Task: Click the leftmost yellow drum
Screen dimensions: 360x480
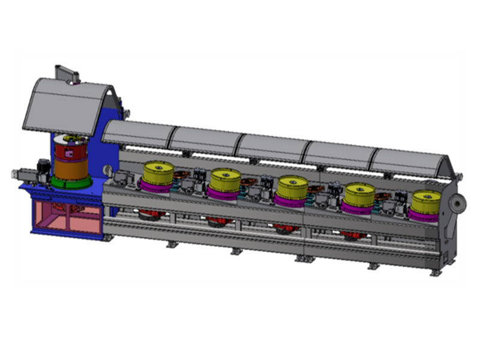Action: point(158,173)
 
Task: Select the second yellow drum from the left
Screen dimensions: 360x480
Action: point(226,178)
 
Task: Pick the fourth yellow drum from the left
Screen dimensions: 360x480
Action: point(359,192)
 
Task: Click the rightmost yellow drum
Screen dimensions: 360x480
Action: point(427,200)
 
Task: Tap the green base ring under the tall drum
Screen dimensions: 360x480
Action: point(71,181)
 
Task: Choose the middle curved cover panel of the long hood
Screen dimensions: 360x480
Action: point(273,147)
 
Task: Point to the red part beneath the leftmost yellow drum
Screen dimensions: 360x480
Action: point(150,214)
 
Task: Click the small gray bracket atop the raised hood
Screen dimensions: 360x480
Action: point(67,73)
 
